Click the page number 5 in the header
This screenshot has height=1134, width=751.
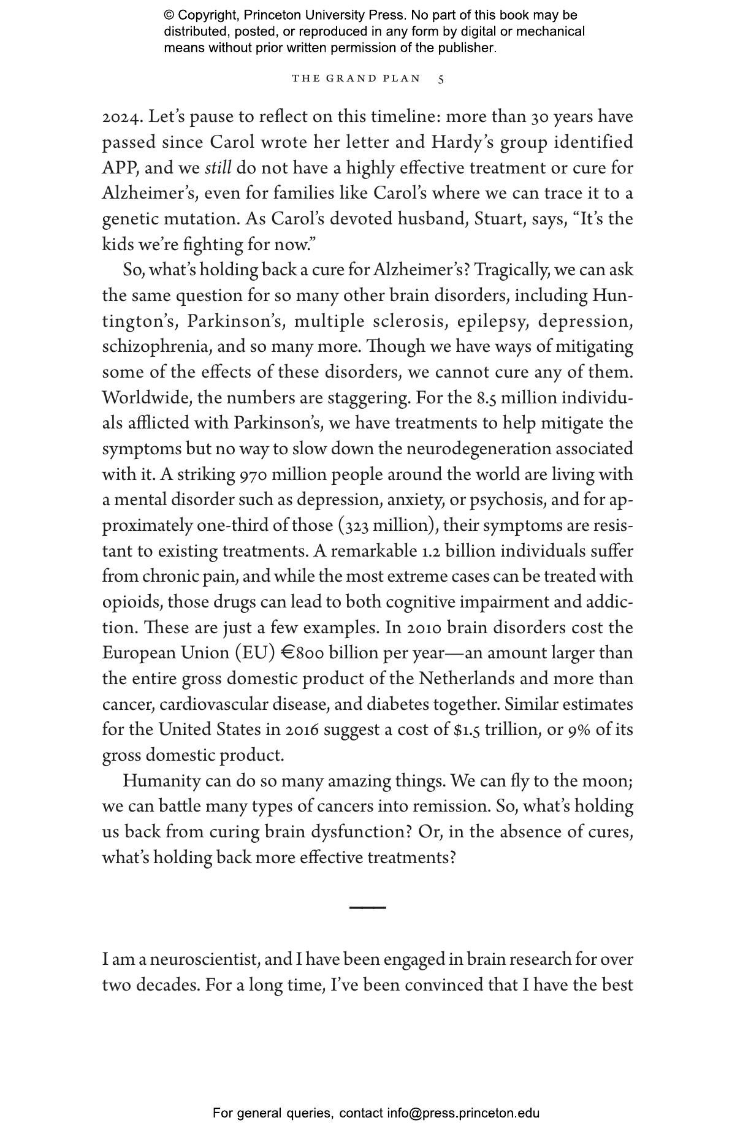coord(441,79)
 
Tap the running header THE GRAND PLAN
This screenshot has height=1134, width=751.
coord(356,78)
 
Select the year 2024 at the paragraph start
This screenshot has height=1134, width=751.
coord(122,116)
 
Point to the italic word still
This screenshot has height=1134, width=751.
coord(218,168)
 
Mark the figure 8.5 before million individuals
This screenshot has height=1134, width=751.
coord(486,398)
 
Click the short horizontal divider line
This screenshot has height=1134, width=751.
coord(367,907)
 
